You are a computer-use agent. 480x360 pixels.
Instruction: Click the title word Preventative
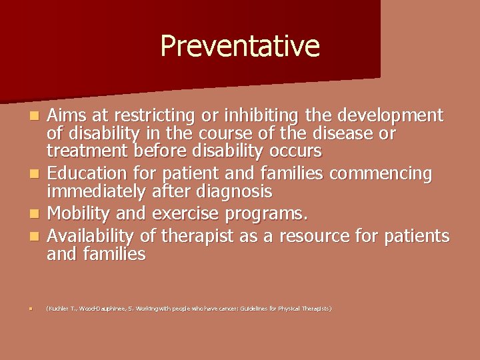point(240,47)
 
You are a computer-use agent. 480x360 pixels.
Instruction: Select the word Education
point(85,175)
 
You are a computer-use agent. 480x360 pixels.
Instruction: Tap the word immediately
point(98,193)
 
